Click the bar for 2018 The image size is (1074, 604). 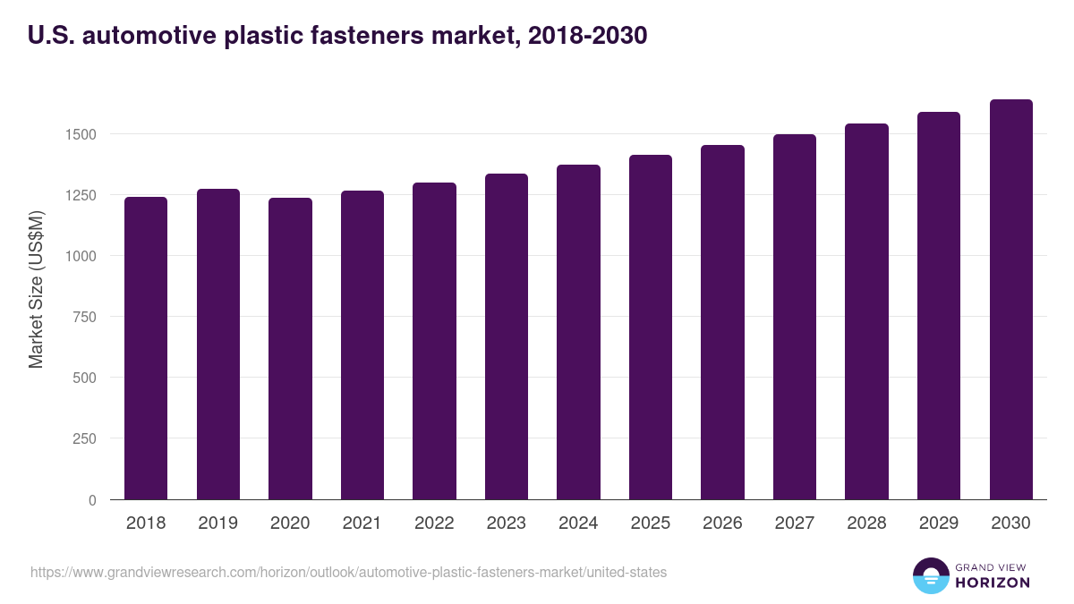coord(146,348)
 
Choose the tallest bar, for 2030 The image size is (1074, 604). coord(1010,300)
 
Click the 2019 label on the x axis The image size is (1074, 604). coord(218,523)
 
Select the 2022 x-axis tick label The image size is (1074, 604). coord(434,523)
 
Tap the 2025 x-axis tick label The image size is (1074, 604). coord(651,523)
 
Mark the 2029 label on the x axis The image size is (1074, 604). coord(939,523)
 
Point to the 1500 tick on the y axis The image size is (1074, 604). coord(80,134)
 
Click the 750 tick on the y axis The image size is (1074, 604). coord(85,317)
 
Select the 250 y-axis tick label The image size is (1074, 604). coord(85,438)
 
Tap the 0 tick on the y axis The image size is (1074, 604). coord(92,500)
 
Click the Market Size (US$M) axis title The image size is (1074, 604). coord(36,288)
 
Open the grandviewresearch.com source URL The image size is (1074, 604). coord(348,572)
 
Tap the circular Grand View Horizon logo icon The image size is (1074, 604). coord(930,575)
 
